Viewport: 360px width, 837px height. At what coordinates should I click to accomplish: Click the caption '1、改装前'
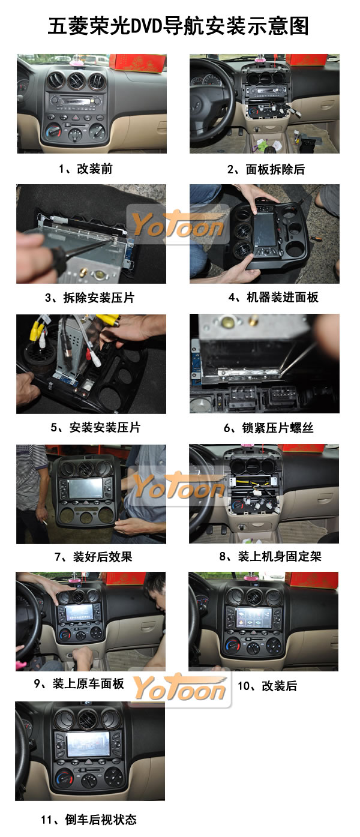point(85,169)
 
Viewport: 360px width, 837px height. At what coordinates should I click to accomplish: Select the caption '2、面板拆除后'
point(266,169)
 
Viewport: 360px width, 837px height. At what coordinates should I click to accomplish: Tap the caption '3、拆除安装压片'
point(89,298)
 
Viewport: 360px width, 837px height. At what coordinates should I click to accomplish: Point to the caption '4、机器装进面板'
point(273,297)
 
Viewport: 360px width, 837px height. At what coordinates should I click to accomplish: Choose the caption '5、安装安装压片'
point(95,427)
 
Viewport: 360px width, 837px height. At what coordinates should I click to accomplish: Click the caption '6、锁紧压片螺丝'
point(268,427)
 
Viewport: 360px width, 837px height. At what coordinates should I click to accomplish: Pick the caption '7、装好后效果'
point(94,557)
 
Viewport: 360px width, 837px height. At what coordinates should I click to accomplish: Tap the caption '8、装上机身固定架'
point(270,556)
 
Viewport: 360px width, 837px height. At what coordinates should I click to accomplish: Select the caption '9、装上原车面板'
point(79,683)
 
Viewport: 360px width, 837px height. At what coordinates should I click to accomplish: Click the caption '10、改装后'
point(267,686)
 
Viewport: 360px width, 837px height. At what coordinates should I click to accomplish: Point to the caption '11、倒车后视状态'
point(89,820)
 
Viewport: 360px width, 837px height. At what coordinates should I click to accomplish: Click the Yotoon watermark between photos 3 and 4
point(178,224)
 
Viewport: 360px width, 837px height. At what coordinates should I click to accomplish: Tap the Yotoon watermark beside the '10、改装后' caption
point(180,688)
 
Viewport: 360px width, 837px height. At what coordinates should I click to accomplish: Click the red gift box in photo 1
point(137,62)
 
